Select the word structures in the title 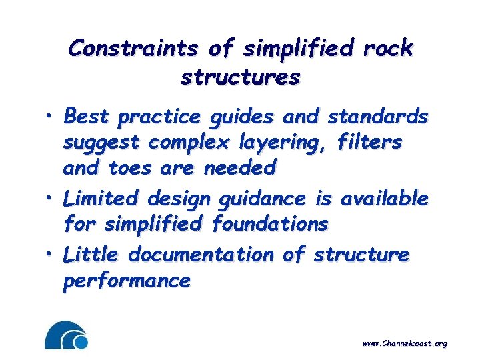click(x=240, y=77)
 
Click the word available click(x=384, y=198)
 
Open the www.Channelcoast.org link click(x=404, y=343)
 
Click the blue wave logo click(x=66, y=335)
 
